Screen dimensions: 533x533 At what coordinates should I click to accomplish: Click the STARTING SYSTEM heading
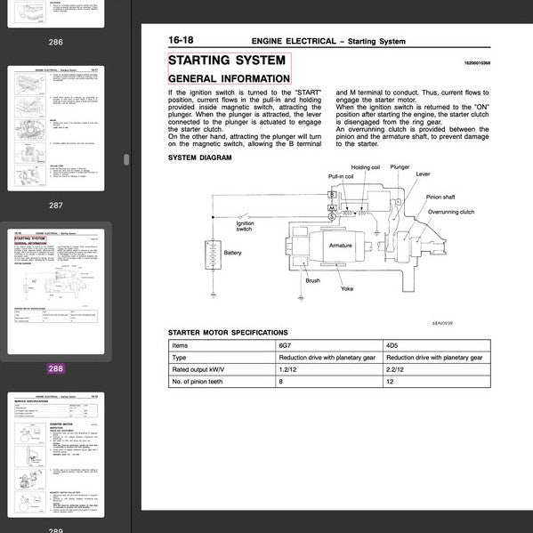click(228, 61)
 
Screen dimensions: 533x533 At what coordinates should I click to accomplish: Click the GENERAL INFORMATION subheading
click(229, 78)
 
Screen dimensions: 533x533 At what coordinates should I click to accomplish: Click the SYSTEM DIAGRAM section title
click(199, 157)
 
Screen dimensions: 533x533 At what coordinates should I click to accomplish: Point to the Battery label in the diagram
click(233, 253)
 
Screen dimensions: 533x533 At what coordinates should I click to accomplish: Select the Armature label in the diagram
click(341, 245)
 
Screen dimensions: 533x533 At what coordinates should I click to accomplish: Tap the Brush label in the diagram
click(312, 281)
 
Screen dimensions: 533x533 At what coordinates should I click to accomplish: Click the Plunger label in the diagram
click(400, 166)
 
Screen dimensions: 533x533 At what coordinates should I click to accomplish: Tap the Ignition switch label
click(244, 225)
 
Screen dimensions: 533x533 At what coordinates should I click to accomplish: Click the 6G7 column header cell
click(286, 343)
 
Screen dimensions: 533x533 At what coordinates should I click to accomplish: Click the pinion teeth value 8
click(281, 381)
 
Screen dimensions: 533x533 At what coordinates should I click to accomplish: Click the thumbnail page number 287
click(56, 206)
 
